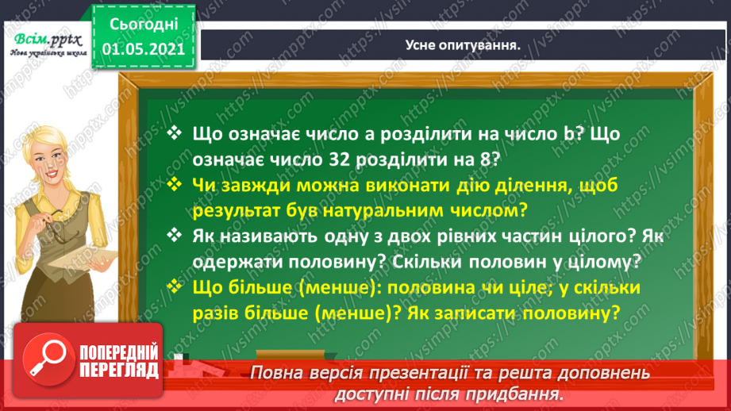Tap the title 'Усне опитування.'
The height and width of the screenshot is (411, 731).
tap(463, 45)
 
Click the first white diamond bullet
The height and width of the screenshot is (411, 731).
tap(175, 134)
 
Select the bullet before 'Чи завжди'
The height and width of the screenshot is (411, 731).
tap(175, 185)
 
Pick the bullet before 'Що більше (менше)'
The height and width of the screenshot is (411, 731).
tap(175, 287)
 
